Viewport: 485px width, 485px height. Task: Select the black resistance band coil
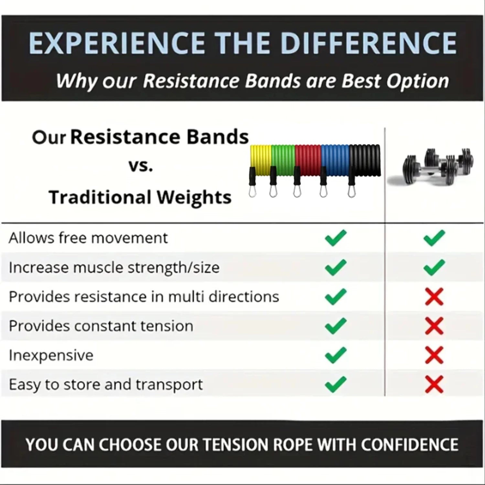365,160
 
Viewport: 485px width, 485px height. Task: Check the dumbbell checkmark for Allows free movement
434,238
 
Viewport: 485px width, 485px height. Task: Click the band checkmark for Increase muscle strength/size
336,267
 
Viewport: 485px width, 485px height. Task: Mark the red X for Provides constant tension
434,326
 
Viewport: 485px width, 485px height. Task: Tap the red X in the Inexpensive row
434,355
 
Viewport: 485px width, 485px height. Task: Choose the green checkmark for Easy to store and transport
336,384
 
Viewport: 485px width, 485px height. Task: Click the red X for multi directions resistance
434,296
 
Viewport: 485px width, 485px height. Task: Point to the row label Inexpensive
51,355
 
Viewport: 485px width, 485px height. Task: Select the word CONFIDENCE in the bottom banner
409,445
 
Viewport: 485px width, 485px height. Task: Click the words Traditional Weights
140,197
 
